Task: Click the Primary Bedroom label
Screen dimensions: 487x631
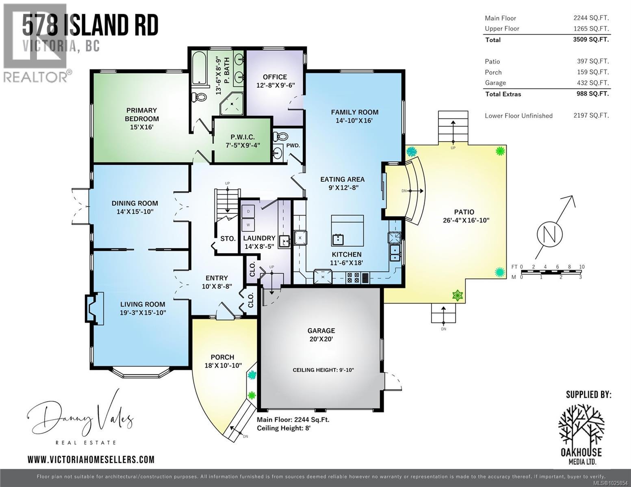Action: tap(141, 119)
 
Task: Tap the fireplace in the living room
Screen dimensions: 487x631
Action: tap(93, 308)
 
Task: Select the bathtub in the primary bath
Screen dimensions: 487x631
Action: tap(198, 67)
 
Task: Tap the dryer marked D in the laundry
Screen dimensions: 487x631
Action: tap(248, 211)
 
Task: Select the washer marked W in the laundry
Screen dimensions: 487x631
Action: tap(248, 224)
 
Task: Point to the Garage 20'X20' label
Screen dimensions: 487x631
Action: tap(321, 335)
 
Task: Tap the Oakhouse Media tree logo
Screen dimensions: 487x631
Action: tap(581, 424)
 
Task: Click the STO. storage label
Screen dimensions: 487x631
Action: tap(228, 239)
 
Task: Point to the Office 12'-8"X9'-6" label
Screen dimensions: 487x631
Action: tap(275, 81)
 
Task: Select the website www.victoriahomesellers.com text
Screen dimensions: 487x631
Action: tap(91, 459)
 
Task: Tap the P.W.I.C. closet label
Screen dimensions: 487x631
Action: tap(242, 141)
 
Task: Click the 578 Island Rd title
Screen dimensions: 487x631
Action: tap(90, 25)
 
